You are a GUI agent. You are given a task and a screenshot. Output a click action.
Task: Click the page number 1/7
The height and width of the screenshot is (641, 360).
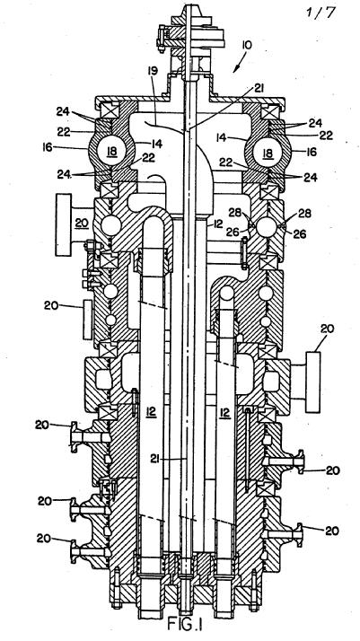320,12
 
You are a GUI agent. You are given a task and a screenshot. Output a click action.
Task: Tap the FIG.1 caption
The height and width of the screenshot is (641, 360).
185,624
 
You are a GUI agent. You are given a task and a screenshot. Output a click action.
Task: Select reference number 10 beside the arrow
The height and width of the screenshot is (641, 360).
248,45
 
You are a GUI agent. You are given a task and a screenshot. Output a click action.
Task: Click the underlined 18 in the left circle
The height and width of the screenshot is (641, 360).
112,151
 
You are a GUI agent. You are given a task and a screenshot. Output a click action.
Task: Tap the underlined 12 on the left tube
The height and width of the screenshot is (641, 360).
151,413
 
